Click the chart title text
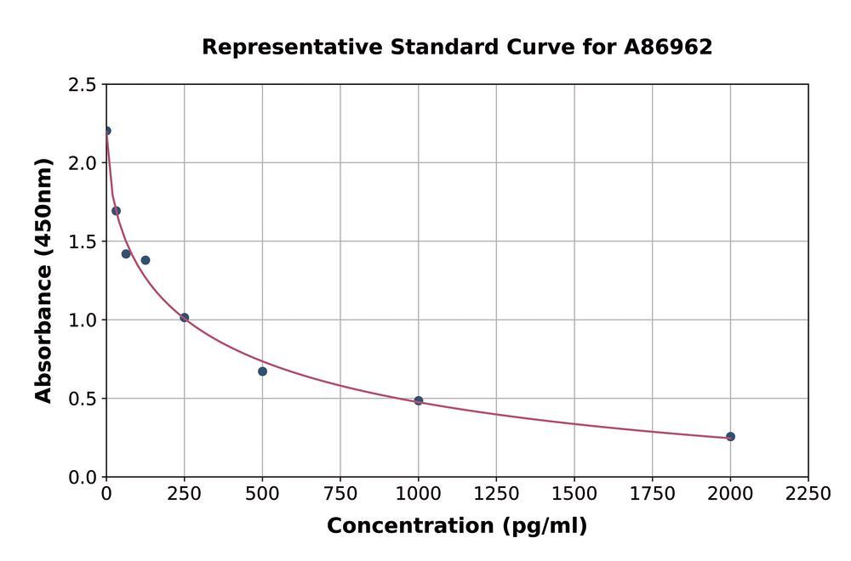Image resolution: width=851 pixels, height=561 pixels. click(456, 48)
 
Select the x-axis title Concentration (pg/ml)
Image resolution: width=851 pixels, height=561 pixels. click(456, 526)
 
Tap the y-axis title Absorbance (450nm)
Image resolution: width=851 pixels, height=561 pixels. click(43, 280)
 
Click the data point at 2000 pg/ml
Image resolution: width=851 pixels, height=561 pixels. click(730, 437)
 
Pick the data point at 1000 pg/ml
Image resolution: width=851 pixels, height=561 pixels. click(419, 400)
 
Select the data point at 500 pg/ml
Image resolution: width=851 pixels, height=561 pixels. click(262, 371)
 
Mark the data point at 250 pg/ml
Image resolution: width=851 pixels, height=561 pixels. click(185, 318)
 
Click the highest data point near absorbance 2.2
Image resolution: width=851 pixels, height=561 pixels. click(106, 131)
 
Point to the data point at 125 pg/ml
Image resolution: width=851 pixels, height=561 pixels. click(146, 260)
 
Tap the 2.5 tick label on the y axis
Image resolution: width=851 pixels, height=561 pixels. click(82, 85)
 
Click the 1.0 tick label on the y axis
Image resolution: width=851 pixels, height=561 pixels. click(82, 320)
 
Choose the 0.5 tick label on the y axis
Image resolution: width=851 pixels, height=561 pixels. click(82, 399)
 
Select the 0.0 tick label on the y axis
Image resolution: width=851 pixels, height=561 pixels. click(82, 478)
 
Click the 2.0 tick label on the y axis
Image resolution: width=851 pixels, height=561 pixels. click(82, 163)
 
